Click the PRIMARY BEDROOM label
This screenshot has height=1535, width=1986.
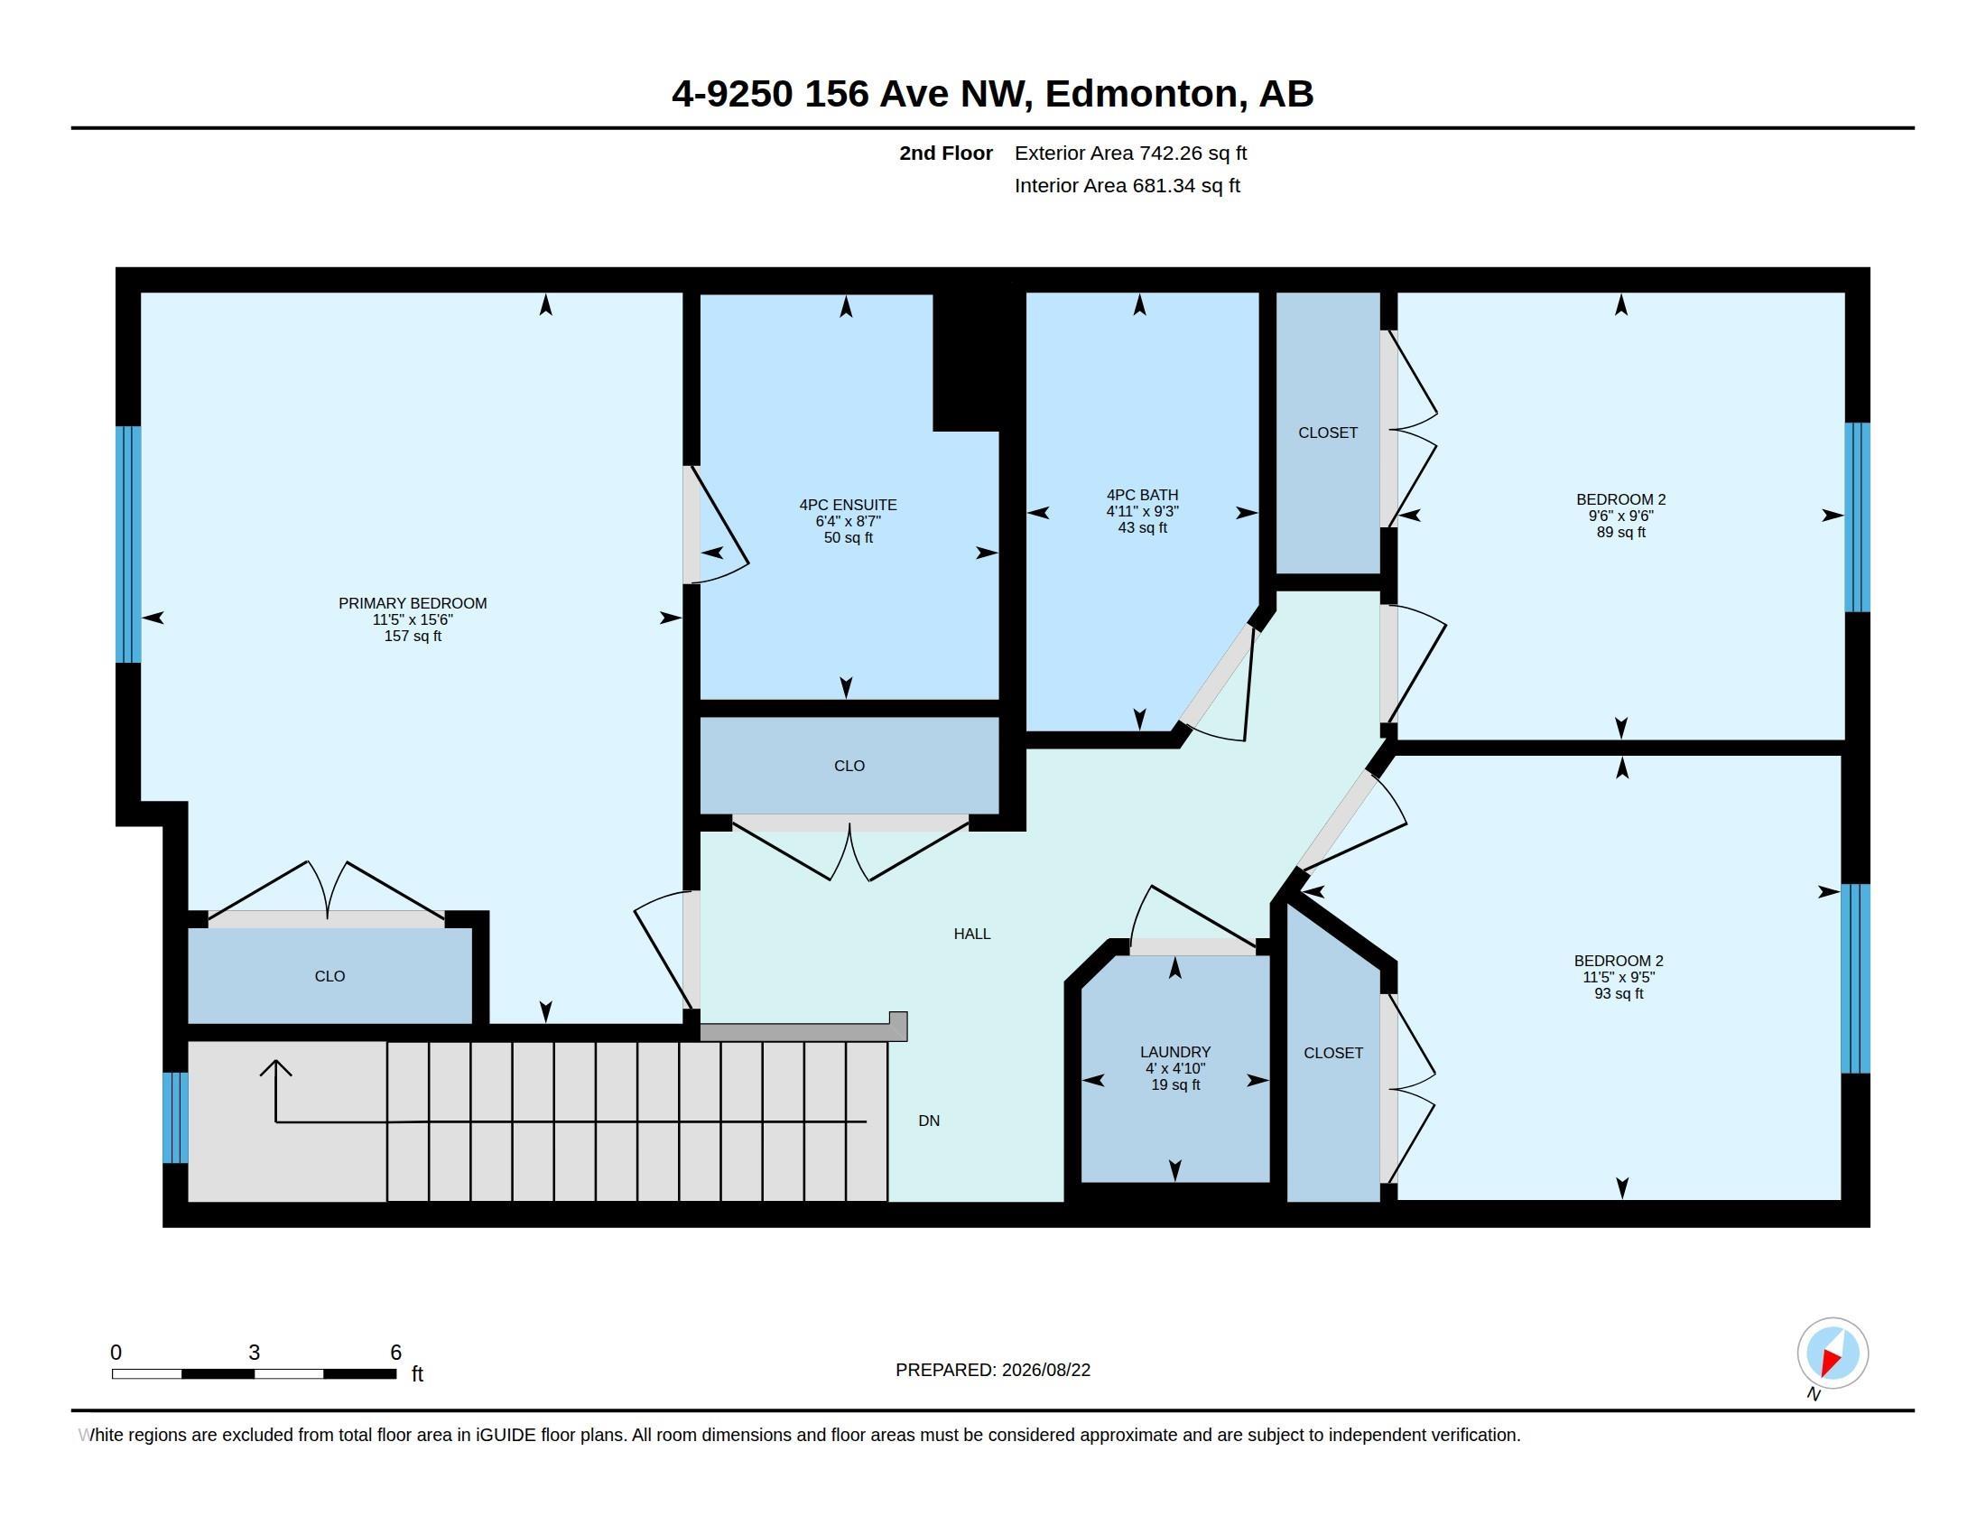(x=413, y=603)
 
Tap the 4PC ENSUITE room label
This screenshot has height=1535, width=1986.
(x=849, y=505)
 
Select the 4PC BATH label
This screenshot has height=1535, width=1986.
(x=1142, y=495)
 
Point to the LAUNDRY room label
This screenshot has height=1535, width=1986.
(x=1174, y=1052)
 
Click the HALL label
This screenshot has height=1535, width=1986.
(x=972, y=934)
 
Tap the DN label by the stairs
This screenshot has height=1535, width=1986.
(x=929, y=1121)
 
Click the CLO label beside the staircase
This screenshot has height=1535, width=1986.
(x=329, y=976)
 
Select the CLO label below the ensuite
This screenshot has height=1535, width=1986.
(x=849, y=766)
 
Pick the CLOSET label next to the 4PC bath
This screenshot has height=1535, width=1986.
(x=1328, y=433)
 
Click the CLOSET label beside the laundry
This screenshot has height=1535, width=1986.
(x=1333, y=1053)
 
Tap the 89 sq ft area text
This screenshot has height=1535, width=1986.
(x=1621, y=532)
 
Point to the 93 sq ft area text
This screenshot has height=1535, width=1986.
(x=1619, y=994)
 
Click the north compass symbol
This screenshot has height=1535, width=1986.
(x=1833, y=1354)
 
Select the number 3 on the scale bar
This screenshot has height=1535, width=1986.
(x=255, y=1353)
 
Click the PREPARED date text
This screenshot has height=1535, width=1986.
(x=993, y=1370)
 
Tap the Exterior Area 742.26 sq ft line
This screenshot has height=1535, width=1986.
(x=1130, y=153)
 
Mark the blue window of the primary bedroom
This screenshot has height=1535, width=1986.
(x=128, y=544)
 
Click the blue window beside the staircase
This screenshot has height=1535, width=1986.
(x=175, y=1118)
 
